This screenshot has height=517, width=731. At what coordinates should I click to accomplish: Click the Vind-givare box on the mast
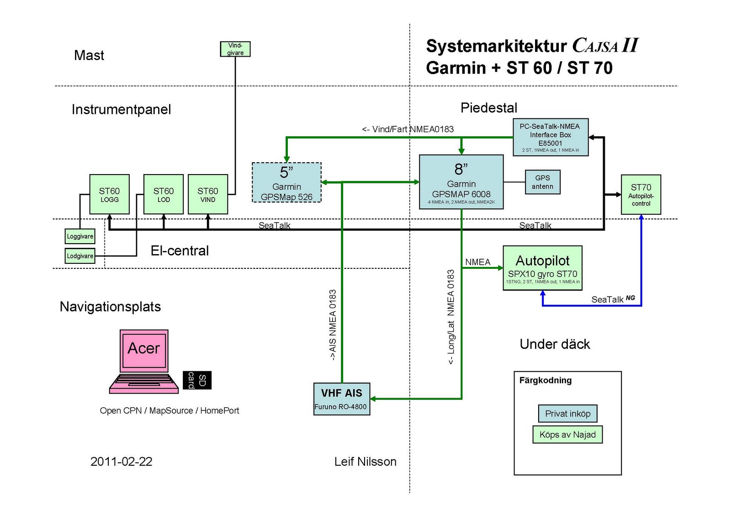coord(235,49)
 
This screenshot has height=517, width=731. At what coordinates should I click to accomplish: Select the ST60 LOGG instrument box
coord(109,194)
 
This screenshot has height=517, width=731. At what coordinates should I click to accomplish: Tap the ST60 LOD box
coord(164,194)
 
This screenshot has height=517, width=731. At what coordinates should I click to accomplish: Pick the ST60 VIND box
coord(208,194)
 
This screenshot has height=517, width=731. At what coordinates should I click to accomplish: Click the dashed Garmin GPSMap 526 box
coord(286,182)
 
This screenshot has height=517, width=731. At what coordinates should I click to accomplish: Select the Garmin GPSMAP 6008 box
coord(461,182)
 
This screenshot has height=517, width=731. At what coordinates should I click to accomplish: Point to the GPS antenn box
coord(542,182)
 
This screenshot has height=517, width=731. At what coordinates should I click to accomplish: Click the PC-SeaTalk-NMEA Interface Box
coord(550,137)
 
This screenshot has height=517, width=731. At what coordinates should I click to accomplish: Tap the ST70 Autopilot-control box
coord(641,194)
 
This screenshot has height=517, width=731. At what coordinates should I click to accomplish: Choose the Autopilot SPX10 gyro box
coord(542,268)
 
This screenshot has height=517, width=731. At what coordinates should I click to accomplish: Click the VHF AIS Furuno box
coord(341,399)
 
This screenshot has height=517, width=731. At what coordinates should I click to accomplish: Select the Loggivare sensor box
coord(80,236)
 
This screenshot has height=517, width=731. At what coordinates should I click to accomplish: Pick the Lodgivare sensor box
coord(80,256)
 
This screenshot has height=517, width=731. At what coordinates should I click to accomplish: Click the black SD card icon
coord(197,380)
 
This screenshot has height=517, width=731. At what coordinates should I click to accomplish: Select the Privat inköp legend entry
coord(567,414)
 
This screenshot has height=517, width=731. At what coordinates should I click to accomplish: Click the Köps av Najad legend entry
coord(567,435)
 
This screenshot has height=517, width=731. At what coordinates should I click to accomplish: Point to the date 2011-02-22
coord(121,462)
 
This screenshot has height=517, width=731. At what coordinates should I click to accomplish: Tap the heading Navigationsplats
coord(110,307)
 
